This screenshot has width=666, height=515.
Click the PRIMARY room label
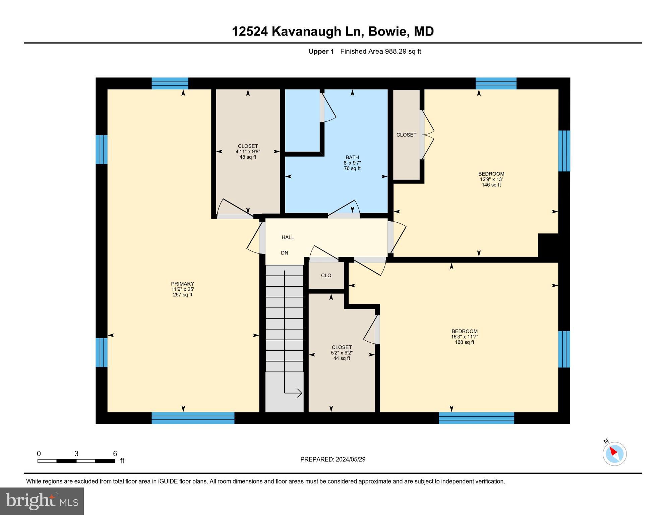182,284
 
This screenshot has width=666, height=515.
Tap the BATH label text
352,157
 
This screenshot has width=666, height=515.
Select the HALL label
288,237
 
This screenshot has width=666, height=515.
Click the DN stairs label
284,253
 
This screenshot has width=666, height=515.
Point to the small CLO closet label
326,275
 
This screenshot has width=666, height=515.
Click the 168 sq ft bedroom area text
464,342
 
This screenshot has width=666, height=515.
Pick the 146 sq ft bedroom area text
491,185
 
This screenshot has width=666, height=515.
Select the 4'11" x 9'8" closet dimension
248,152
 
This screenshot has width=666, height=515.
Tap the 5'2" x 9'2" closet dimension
342,353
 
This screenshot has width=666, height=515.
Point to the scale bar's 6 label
115,454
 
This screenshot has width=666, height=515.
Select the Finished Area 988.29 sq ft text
380,51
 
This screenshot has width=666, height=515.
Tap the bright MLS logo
42,501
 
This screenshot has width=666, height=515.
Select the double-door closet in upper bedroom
406,135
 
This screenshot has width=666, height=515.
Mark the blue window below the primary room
193,418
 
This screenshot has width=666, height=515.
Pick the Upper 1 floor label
321,51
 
